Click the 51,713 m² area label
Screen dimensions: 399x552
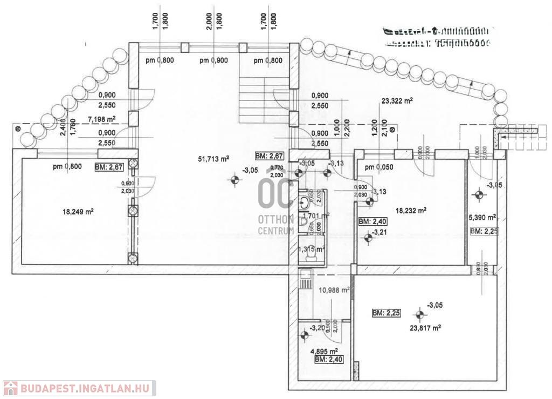(214, 159)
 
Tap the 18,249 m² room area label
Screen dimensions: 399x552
(79, 212)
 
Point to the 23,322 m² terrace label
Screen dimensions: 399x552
(397, 100)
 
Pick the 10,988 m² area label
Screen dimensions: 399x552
(334, 290)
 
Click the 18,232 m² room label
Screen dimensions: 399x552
(411, 211)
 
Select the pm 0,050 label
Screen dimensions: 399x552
(378, 167)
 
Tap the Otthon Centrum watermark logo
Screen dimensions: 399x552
(275, 205)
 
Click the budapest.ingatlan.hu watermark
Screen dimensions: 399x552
(80, 388)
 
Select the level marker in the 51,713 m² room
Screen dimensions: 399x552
(234, 180)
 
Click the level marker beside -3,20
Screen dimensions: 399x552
(305, 336)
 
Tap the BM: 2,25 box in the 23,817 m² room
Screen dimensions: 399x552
(385, 313)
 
